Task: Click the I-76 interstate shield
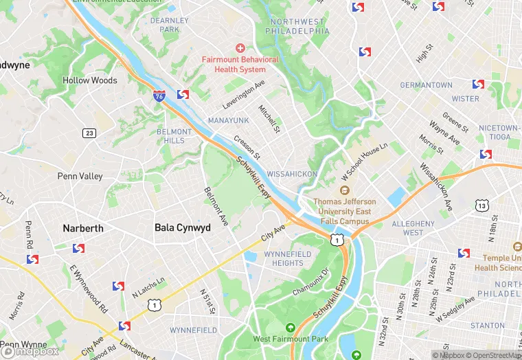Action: (159, 97)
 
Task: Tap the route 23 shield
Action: (89, 133)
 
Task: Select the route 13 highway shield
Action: (482, 205)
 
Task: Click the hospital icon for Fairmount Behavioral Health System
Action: (240, 47)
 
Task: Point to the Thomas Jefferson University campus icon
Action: (345, 190)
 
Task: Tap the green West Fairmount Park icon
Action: (291, 328)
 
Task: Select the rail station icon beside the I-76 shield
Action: (183, 95)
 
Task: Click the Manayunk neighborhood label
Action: (228, 120)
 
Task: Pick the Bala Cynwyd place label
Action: (182, 227)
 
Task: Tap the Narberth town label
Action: (83, 228)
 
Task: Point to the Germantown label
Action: (427, 85)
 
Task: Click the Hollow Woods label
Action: (90, 80)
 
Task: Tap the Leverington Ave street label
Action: (244, 95)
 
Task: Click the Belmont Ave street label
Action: (216, 206)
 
